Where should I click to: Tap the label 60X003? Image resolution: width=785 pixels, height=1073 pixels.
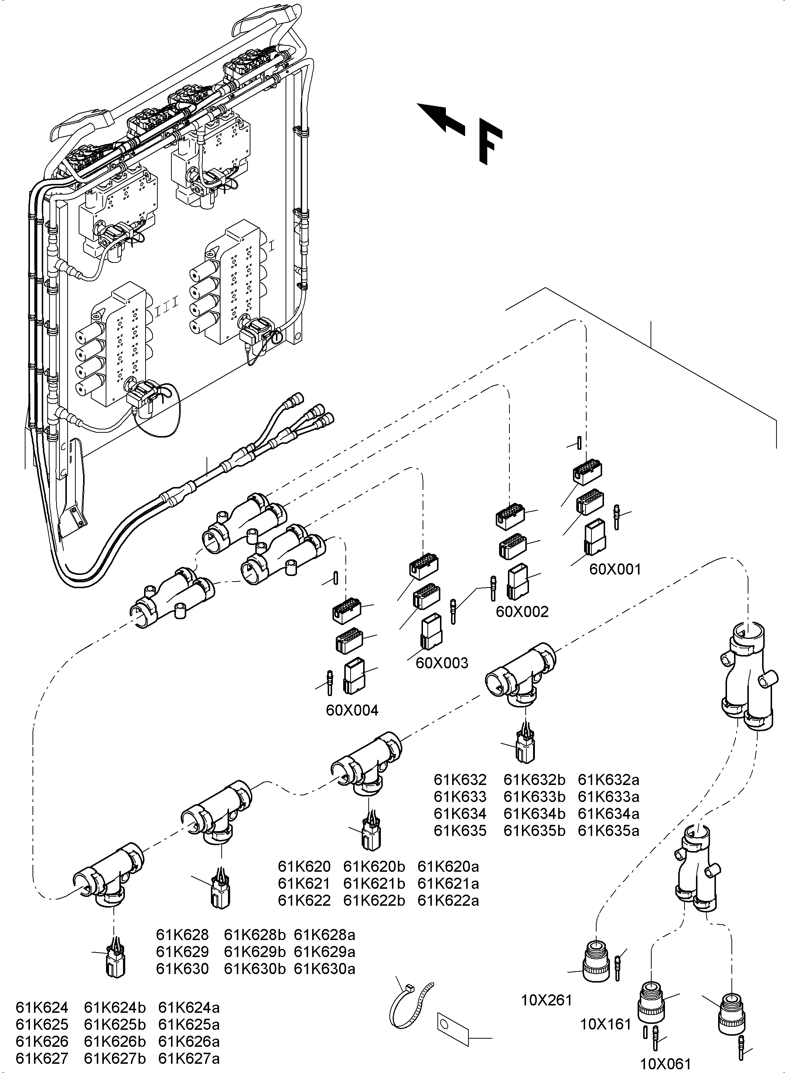click(441, 663)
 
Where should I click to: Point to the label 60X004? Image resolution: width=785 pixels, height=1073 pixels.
click(352, 710)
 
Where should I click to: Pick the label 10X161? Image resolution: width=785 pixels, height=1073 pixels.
click(605, 1024)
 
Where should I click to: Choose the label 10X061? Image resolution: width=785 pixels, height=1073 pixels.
click(665, 1063)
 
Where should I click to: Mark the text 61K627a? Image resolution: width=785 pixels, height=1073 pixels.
click(189, 1058)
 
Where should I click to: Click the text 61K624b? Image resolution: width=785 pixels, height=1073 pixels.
click(115, 1007)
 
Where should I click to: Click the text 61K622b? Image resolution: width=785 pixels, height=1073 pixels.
click(374, 900)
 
